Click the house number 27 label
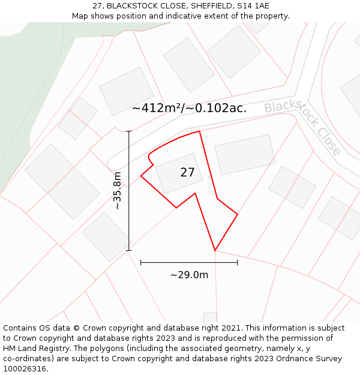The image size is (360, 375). [x=187, y=173]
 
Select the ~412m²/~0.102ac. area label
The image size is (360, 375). [x=189, y=109]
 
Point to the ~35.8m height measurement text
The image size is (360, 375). [x=118, y=190]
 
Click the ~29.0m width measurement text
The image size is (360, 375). [x=189, y=275]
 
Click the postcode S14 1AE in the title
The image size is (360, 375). [x=253, y=6]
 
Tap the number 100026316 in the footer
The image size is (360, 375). [x=25, y=369]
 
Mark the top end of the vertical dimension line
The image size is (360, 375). [x=129, y=131]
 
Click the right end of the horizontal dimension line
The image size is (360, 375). [x=238, y=262]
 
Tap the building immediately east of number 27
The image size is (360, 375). [x=245, y=154]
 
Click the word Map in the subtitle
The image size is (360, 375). [x=80, y=16]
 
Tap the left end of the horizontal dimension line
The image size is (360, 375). [x=140, y=262]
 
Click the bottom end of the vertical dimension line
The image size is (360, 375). [x=129, y=250]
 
